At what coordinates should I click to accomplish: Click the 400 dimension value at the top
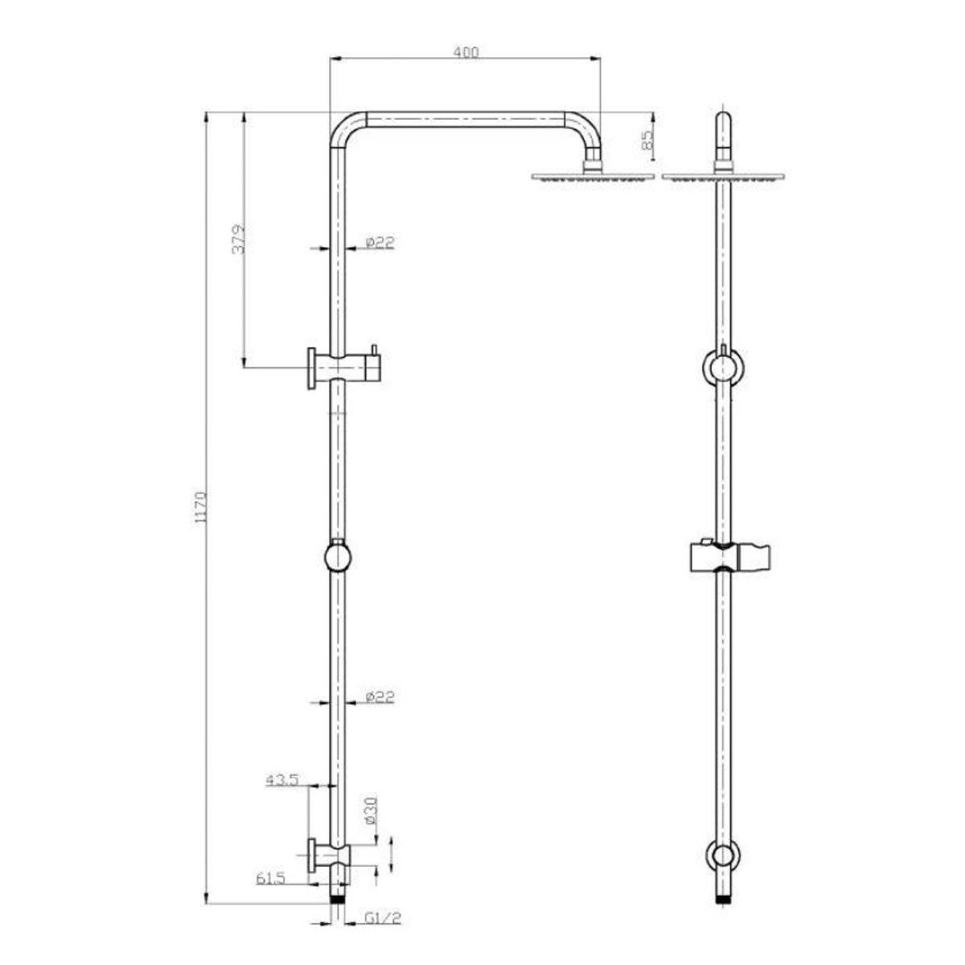click(466, 52)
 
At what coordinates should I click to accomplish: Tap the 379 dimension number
click(239, 240)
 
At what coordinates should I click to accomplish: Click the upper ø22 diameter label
click(380, 242)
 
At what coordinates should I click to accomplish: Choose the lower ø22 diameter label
click(380, 697)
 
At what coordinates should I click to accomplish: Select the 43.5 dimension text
click(283, 779)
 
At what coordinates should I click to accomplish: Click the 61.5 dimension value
click(272, 879)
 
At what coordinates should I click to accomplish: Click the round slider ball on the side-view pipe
click(338, 556)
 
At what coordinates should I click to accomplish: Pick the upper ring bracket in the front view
click(724, 368)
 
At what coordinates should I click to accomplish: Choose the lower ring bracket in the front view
click(724, 859)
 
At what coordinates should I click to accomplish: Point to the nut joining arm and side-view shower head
click(594, 167)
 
